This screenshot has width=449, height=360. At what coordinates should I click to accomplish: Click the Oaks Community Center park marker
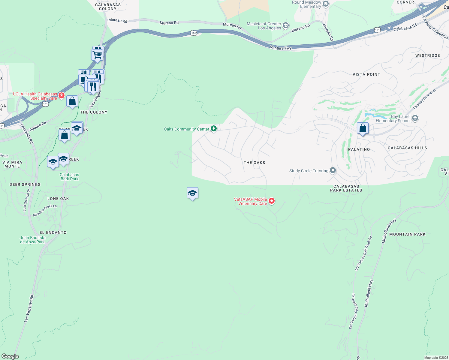213,129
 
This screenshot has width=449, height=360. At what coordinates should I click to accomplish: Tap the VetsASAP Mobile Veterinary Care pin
271,201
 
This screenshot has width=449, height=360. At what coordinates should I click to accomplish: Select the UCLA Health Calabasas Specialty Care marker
61,96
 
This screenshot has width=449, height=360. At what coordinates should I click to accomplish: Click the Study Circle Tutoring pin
333,170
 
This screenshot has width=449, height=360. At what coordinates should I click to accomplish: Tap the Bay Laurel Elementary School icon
415,118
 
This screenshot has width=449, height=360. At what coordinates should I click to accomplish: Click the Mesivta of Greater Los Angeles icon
285,25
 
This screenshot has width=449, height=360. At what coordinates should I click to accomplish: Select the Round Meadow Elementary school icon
325,4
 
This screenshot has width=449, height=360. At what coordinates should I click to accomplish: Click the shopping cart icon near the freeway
97,55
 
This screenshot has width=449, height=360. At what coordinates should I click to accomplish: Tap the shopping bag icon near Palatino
363,128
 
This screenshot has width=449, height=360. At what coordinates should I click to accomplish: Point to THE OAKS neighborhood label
254,163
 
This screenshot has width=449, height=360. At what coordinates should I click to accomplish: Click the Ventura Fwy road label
281,48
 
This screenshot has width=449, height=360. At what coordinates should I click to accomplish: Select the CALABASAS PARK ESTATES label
346,188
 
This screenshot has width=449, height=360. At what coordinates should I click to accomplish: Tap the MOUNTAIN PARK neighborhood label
407,234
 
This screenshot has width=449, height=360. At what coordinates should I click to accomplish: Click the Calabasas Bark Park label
69,177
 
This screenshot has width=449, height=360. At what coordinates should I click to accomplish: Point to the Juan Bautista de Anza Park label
33,240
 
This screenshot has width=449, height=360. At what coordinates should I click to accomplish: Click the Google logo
10,356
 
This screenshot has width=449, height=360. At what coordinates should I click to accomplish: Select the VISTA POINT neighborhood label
366,74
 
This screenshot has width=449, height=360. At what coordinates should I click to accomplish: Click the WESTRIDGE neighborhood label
427,55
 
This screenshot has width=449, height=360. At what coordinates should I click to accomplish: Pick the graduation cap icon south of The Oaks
192,193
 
